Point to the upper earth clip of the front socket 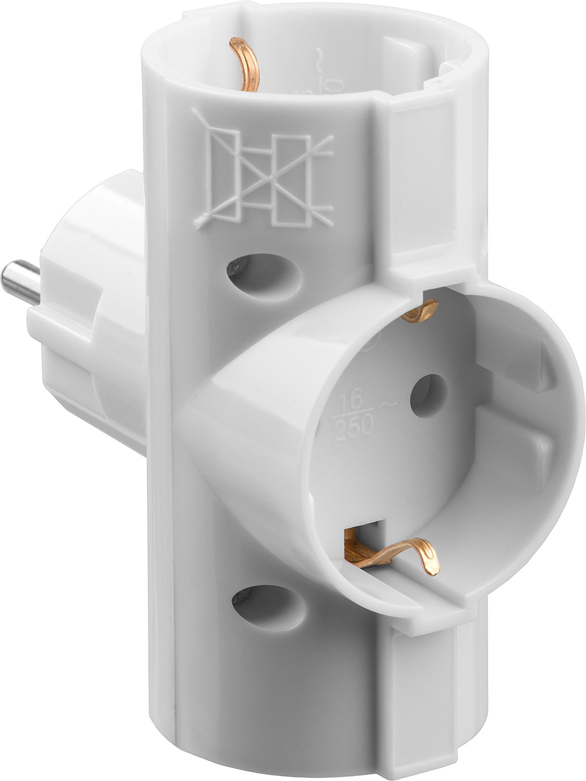(x=424, y=312)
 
